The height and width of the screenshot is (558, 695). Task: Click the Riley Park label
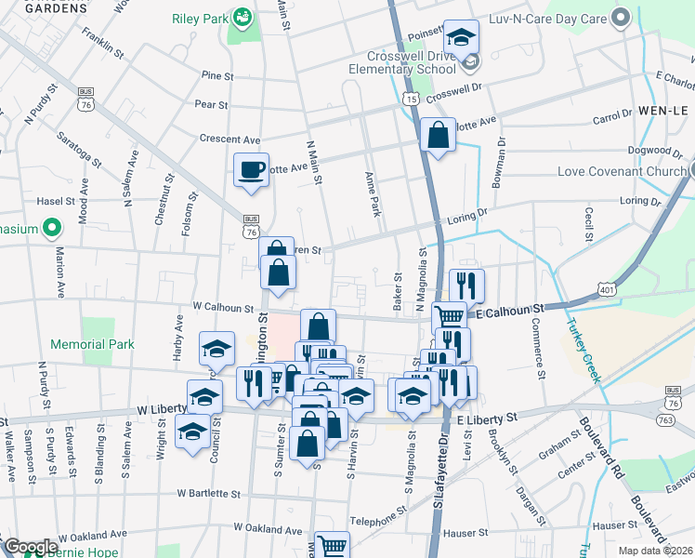(x=198, y=19)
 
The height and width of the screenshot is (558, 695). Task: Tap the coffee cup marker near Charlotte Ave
(x=250, y=170)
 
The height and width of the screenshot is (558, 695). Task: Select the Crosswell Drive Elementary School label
(x=402, y=61)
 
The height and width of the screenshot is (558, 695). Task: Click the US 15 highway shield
(x=410, y=97)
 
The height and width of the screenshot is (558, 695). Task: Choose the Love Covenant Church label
(x=623, y=172)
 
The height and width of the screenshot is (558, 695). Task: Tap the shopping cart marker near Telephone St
(x=332, y=546)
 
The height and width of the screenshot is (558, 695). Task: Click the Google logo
(x=30, y=547)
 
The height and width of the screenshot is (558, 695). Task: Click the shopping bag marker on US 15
(x=438, y=135)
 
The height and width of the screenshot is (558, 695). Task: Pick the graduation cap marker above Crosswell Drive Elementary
(x=461, y=38)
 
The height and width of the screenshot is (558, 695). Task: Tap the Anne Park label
(x=375, y=193)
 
